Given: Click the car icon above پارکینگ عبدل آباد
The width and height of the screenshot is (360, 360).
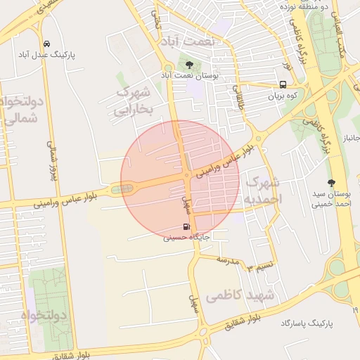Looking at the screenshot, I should pyautogui.click(x=46, y=43).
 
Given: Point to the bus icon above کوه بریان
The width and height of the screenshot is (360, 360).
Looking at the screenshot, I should pyautogui.click(x=282, y=84).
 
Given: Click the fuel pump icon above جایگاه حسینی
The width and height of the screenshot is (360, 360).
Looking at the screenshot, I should pyautogui.click(x=186, y=226).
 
